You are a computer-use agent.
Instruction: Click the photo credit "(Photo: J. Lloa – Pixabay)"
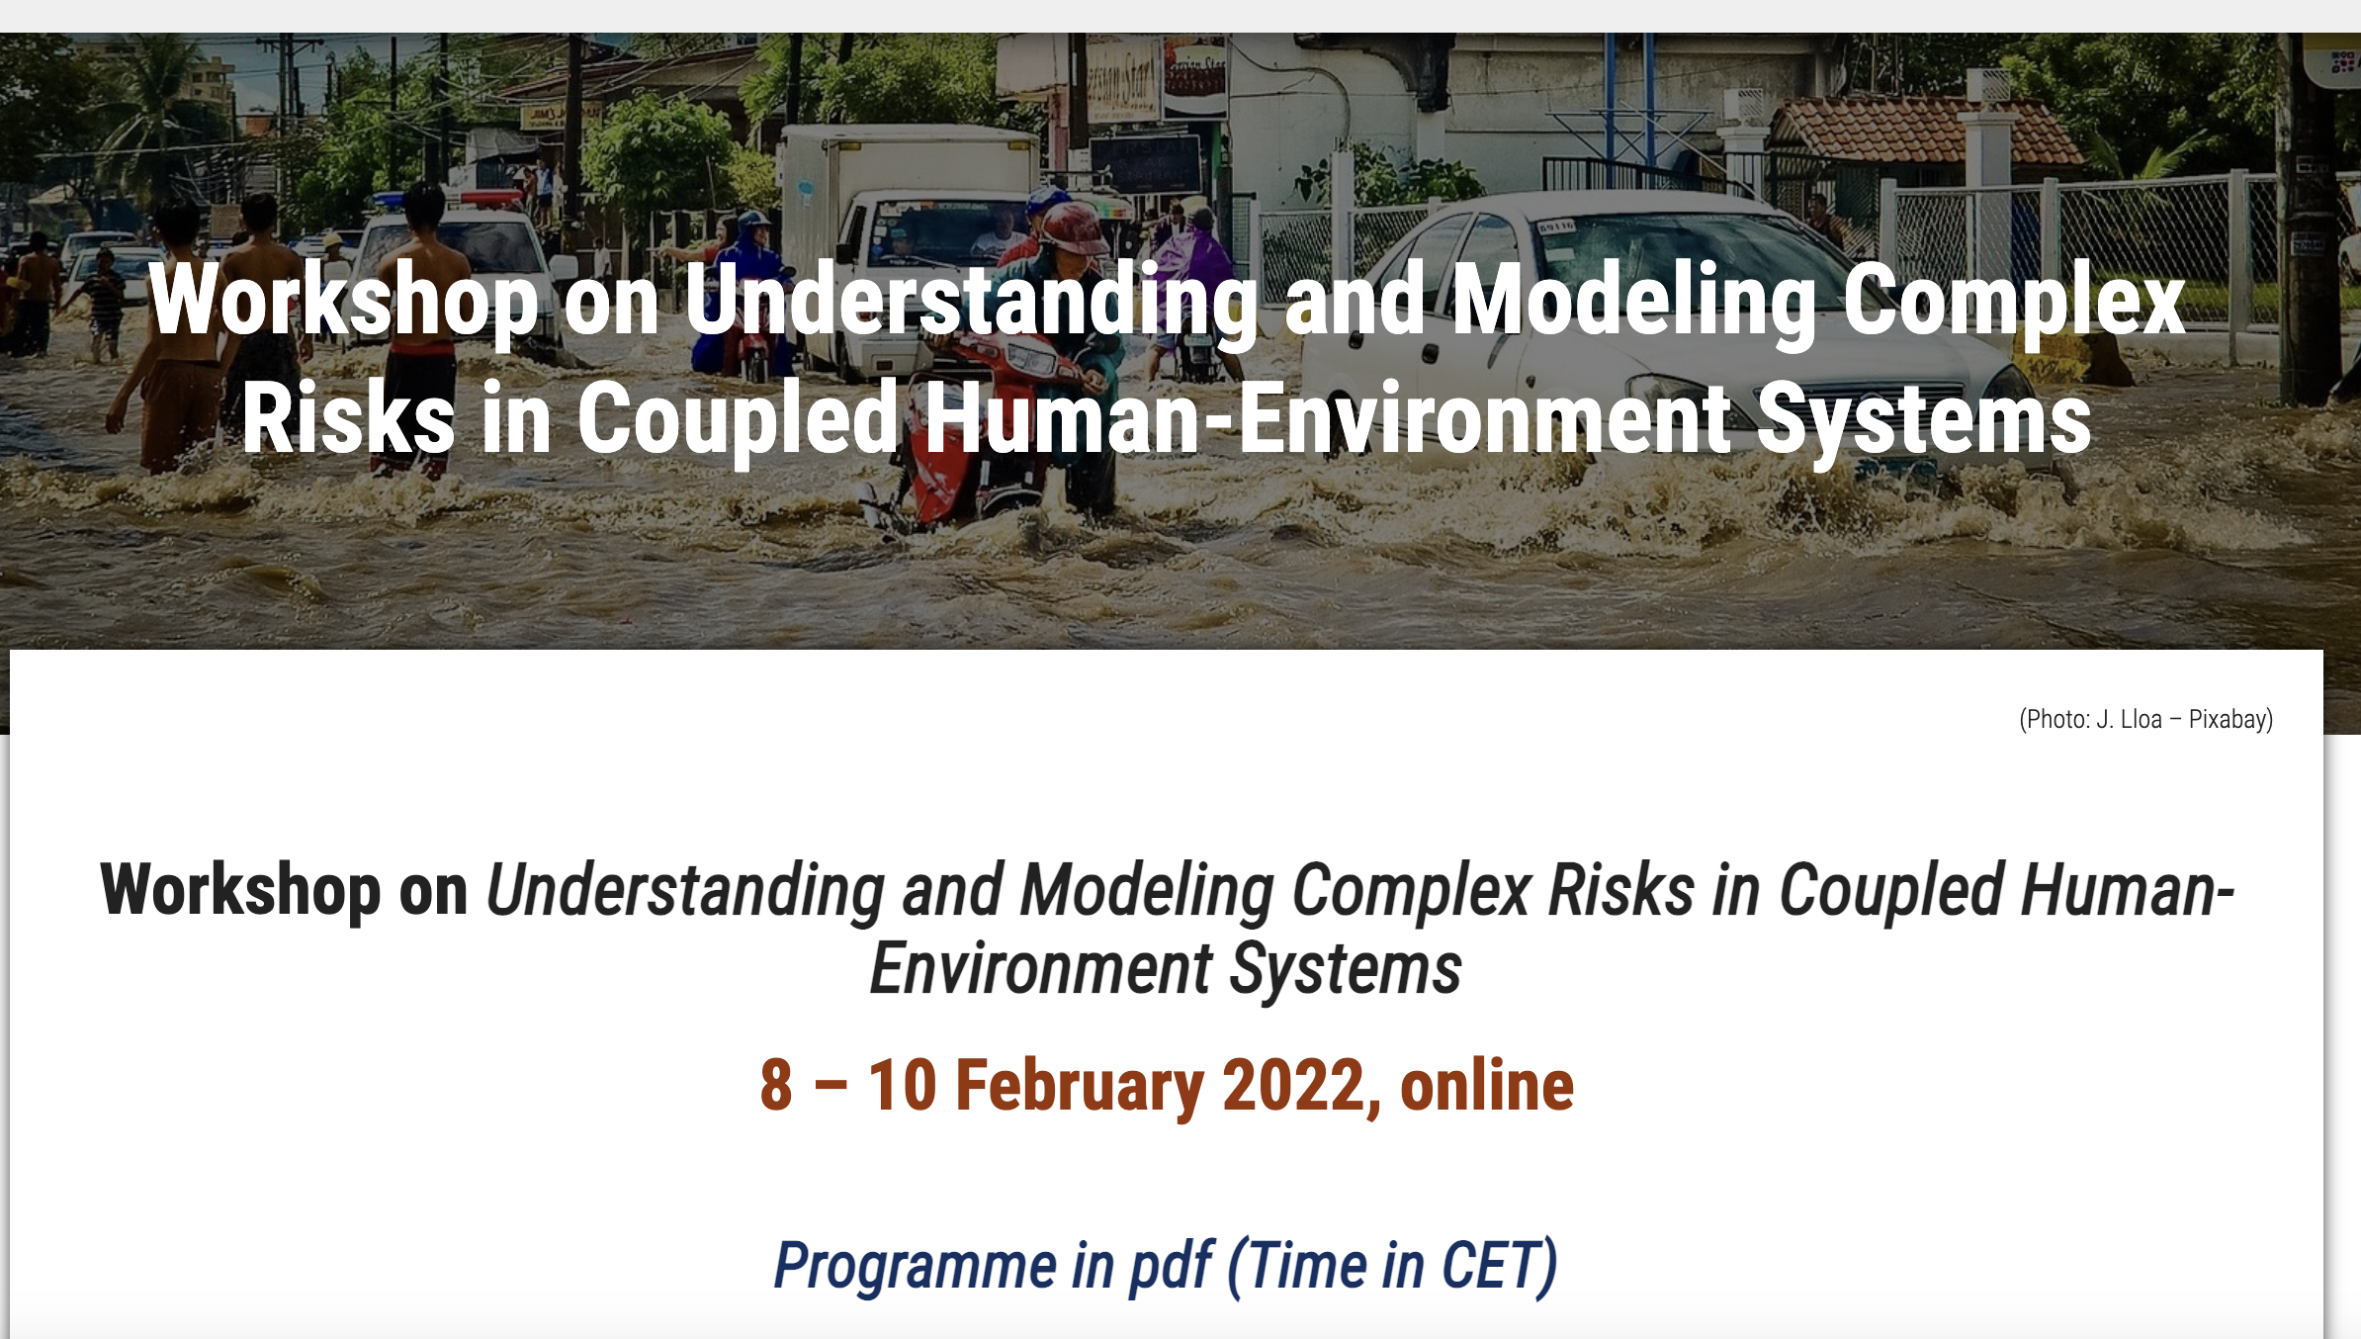point(2145,719)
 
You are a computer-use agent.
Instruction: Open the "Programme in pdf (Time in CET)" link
point(1165,1266)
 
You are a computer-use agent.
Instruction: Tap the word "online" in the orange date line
point(1486,1086)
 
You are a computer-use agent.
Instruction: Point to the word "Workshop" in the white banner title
point(343,301)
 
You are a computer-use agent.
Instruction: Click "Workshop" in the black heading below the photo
point(240,890)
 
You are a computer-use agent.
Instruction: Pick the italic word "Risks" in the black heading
point(1621,890)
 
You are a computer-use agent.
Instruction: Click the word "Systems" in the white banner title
point(1923,418)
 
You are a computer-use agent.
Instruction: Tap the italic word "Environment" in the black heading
point(1040,968)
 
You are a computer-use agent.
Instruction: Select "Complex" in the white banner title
point(2013,301)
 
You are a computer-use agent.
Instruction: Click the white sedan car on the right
point(1631,326)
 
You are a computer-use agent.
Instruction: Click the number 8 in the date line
point(776,1086)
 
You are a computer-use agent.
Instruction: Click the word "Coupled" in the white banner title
point(737,418)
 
